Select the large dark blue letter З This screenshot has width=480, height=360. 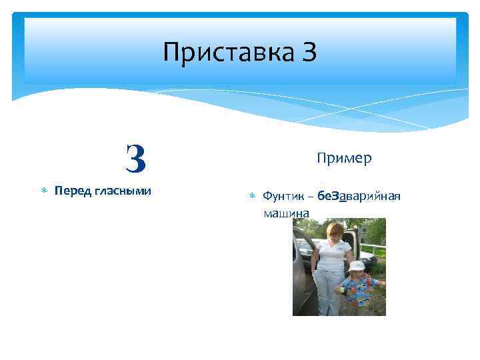tap(135, 159)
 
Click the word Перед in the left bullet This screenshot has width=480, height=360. tap(73, 191)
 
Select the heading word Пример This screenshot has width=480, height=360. tap(344, 158)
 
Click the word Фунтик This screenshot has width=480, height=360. tap(283, 196)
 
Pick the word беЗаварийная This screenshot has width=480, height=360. tap(359, 196)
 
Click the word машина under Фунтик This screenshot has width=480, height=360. tap(286, 213)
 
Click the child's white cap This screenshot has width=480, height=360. tap(357, 265)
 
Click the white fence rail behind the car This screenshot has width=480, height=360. tap(370, 247)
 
